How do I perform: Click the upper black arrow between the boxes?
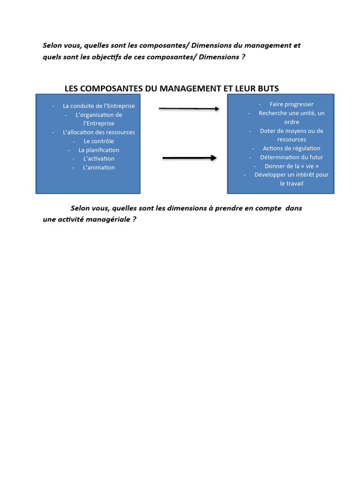(189, 109)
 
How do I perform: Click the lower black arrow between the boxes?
(189, 158)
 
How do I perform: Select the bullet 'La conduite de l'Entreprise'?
(98, 106)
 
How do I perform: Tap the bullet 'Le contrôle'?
(98, 141)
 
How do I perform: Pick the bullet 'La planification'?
(98, 150)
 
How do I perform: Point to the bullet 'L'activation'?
(98, 158)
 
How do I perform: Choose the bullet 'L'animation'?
(98, 167)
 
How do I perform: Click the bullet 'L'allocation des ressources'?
(98, 132)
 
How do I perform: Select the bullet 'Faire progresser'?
(291, 104)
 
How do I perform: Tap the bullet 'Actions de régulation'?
(292, 148)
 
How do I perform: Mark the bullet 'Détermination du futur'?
(292, 157)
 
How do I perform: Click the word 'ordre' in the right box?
(292, 122)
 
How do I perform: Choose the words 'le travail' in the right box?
(292, 183)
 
